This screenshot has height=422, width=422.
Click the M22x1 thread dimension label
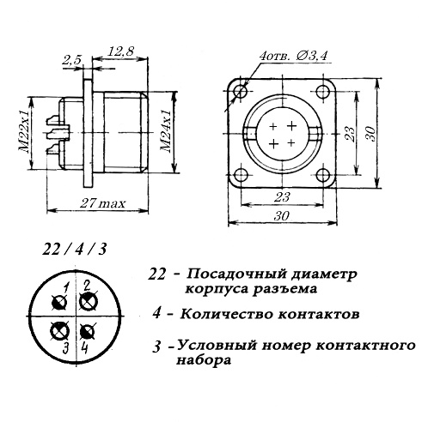click(24, 131)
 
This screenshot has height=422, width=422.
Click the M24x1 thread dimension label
click(166, 131)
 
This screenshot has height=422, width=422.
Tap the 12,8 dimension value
click(120, 51)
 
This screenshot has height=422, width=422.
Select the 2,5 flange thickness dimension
click(71, 61)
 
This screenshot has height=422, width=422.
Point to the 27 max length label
click(102, 203)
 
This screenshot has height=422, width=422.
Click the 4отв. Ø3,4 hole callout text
click(293, 55)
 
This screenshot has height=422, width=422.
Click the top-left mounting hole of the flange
click(240, 92)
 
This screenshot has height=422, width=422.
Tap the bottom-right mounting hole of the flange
click(324, 175)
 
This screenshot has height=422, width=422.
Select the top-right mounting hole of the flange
click(323, 92)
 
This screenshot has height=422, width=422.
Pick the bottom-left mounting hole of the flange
click(241, 175)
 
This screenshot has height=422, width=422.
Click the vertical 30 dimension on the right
click(370, 134)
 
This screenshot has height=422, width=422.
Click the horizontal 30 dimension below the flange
click(282, 215)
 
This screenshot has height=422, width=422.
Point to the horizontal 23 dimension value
click(282, 197)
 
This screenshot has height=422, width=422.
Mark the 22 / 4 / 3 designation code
click(75, 250)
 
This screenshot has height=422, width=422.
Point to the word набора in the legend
click(204, 360)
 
